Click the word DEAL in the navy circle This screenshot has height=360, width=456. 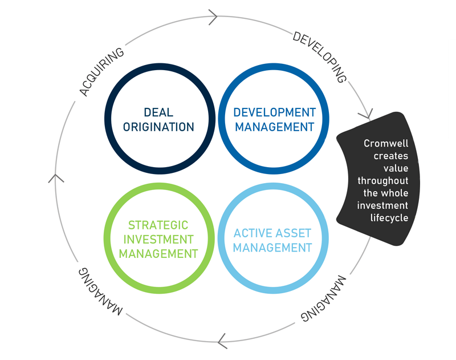pos(158,112)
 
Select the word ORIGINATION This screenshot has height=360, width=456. pos(158,127)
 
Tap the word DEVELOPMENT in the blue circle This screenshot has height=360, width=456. pos(274,112)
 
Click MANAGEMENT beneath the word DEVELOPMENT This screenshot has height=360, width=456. pos(274,127)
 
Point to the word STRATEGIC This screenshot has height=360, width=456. pos(158,225)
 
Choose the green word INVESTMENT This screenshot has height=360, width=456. pos(158,239)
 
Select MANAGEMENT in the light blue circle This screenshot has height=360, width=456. pos(272,248)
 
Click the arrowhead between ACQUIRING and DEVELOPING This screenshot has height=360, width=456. pos(214,17)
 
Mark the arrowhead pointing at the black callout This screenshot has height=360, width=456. pos(367,111)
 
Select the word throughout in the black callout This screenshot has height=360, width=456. pos(382,181)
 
